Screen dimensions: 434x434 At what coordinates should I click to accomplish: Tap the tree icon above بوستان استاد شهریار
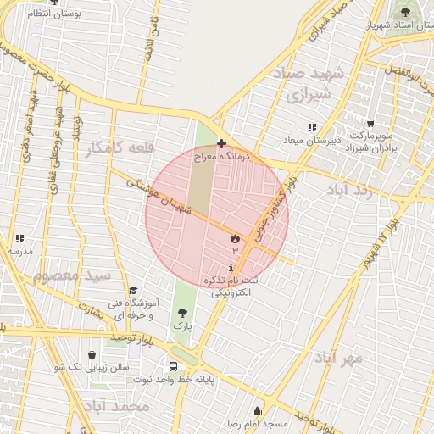(405, 12)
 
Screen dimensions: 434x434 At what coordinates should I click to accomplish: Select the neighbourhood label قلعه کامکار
(120, 148)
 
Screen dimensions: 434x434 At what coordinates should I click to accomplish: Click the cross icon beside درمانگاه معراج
(221, 143)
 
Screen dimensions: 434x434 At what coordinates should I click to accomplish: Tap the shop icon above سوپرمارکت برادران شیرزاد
(370, 126)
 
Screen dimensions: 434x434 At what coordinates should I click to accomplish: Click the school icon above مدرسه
(19, 239)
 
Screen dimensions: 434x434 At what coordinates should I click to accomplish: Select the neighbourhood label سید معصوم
(73, 275)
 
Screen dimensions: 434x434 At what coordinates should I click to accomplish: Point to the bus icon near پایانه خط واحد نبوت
(174, 367)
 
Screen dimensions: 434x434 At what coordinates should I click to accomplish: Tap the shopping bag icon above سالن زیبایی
(92, 355)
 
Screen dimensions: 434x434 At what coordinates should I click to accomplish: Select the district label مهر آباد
(342, 359)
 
